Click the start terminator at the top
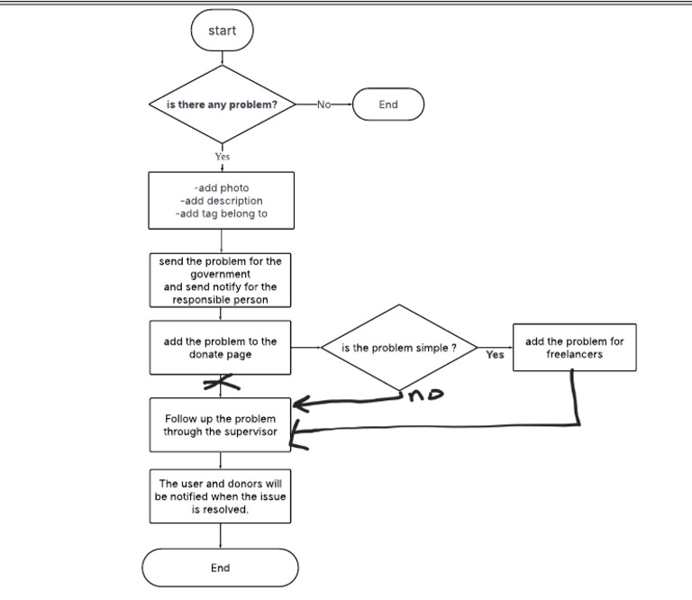tap(222, 31)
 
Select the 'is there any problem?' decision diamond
tap(222, 105)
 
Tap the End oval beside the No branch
tap(387, 105)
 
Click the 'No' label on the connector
tap(324, 105)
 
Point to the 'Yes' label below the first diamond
tap(222, 156)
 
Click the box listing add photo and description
tap(222, 201)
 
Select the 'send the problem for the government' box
tap(222, 280)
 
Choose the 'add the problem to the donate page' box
tap(222, 348)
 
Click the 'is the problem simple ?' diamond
tap(399, 349)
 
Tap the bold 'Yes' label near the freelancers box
tap(495, 355)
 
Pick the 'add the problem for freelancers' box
tap(575, 348)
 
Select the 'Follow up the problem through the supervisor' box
tap(222, 425)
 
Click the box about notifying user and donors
tap(222, 496)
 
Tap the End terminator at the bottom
tap(221, 568)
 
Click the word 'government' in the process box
tap(221, 274)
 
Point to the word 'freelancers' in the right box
tap(575, 354)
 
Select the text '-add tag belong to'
tap(222, 214)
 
